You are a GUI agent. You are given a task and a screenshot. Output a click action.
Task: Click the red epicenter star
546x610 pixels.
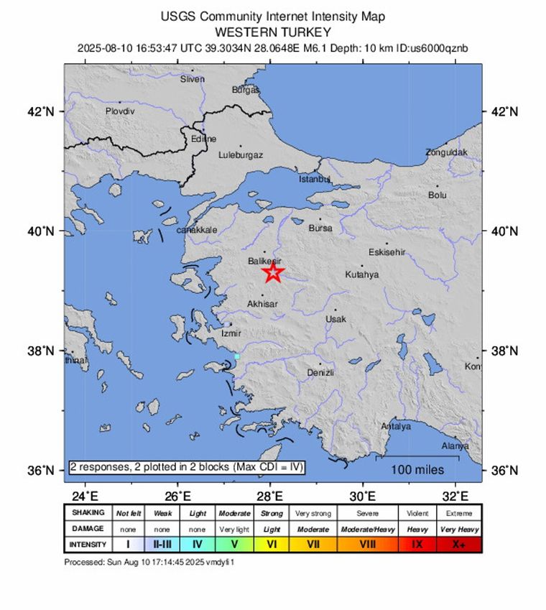pyautogui.click(x=272, y=272)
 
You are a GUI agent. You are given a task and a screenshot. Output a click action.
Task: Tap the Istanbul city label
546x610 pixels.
pyautogui.click(x=313, y=178)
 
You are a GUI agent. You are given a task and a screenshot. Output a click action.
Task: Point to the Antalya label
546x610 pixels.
pyautogui.click(x=396, y=426)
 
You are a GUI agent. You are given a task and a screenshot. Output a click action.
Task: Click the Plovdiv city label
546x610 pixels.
pyautogui.click(x=120, y=111)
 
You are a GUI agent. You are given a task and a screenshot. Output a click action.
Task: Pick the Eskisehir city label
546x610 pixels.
pyautogui.click(x=387, y=252)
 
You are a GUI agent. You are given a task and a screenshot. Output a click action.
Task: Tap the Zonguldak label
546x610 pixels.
pyautogui.click(x=446, y=152)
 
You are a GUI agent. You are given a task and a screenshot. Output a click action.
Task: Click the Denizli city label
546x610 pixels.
pyautogui.click(x=320, y=372)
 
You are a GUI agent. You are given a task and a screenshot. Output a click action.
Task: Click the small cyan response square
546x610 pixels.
pyautogui.click(x=236, y=356)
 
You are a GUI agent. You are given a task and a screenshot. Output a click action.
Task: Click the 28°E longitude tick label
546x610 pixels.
pyautogui.click(x=270, y=495)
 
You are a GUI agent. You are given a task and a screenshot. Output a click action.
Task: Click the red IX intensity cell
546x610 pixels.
pyautogui.click(x=417, y=545)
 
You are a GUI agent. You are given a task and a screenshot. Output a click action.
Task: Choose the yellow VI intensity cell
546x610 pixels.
pyautogui.click(x=272, y=545)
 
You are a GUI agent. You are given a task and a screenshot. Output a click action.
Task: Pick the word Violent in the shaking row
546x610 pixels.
pyautogui.click(x=417, y=513)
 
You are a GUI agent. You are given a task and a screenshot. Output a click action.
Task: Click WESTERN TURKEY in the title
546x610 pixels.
pyautogui.click(x=272, y=32)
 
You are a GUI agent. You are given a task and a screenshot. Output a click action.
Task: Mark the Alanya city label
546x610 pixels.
pyautogui.click(x=454, y=445)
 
